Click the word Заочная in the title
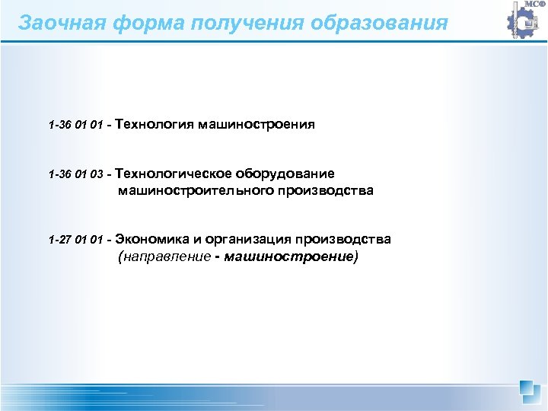coord(57,22)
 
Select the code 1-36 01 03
coord(75,174)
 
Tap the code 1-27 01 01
coord(75,241)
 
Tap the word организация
coord(245,240)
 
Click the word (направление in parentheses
coord(164,257)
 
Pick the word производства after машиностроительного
coord(327,190)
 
